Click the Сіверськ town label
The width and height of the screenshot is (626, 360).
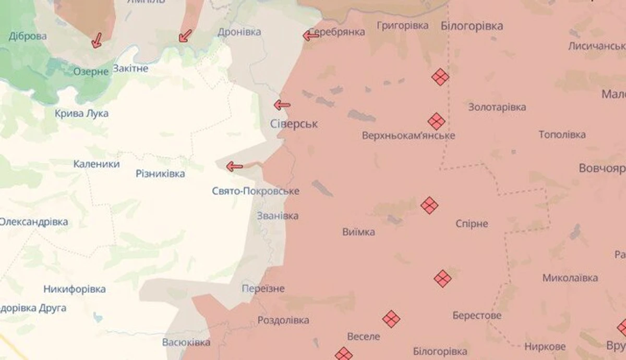coord(294,125)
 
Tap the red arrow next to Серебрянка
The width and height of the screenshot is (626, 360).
coord(311,35)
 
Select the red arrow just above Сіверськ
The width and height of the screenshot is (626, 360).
coord(282,105)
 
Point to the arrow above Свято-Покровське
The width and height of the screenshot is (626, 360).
coord(234,167)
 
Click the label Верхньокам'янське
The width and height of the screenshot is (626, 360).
coord(408,136)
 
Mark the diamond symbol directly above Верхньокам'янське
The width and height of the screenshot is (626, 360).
coord(437,121)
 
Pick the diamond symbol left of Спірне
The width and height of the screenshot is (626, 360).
coord(429,205)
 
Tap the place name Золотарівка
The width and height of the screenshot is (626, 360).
coord(497,107)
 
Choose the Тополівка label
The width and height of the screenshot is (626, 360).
coord(562,135)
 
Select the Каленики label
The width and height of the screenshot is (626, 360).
coord(97,164)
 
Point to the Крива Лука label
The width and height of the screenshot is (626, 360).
coord(82,114)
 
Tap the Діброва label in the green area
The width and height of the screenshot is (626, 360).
coord(28,36)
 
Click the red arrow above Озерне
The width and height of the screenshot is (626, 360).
coord(97,40)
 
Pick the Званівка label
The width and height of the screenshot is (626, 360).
coord(278,216)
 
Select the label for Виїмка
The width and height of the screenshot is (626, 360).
coord(358,232)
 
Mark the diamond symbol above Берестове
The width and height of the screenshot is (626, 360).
coord(442,279)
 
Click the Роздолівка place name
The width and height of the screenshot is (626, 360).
coord(283,320)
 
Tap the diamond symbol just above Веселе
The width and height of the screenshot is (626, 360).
coord(391,318)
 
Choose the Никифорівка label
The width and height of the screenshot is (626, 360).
coord(75,289)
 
